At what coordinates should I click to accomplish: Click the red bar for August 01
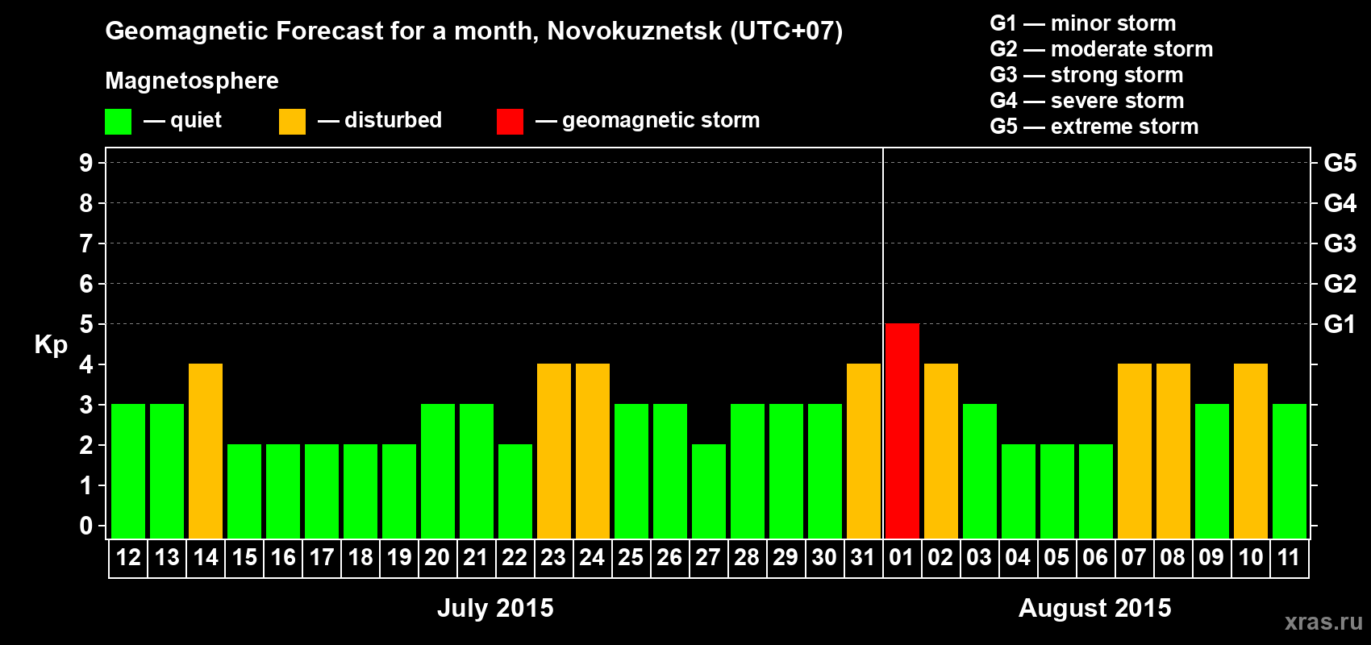click(902, 431)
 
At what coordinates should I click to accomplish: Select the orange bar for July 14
click(206, 451)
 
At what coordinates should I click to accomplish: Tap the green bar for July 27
click(709, 491)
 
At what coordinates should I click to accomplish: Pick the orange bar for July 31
click(864, 451)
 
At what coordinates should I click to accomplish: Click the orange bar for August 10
click(1250, 451)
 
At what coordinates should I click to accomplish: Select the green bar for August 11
click(1289, 471)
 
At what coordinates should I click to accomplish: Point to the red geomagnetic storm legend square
click(510, 122)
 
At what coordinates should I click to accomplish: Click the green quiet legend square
click(119, 122)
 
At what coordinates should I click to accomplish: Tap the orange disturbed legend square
click(292, 122)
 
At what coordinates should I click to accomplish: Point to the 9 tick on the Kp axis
click(86, 163)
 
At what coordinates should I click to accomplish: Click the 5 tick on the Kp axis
click(86, 324)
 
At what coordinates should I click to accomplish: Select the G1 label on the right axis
click(1340, 324)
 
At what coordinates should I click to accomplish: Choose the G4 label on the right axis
click(1340, 203)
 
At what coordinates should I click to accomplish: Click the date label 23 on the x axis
click(553, 557)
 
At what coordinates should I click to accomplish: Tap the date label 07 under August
click(1133, 557)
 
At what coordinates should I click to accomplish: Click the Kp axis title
click(51, 345)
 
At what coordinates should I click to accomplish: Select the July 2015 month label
click(495, 608)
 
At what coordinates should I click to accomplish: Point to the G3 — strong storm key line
click(1086, 75)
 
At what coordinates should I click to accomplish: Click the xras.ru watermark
click(1323, 622)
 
